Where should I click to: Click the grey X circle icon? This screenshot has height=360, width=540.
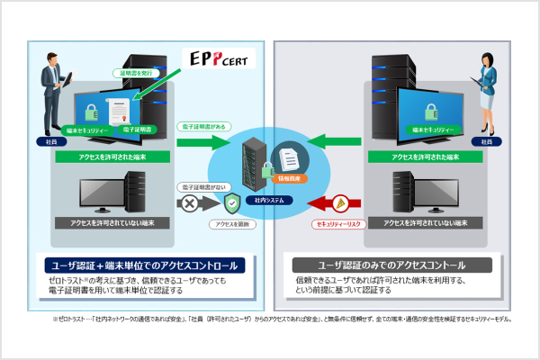pos(191,203)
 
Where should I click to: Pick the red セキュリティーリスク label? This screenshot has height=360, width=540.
pos(337,220)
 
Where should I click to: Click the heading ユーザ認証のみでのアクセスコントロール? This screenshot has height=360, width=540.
pos(393,265)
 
